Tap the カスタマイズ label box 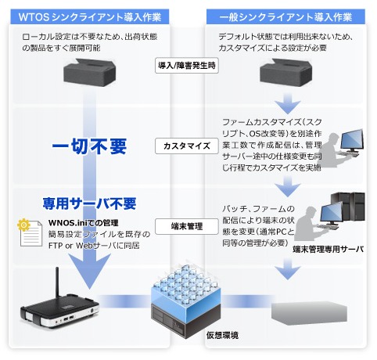188,146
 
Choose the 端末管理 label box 188,226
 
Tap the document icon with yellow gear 30,232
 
